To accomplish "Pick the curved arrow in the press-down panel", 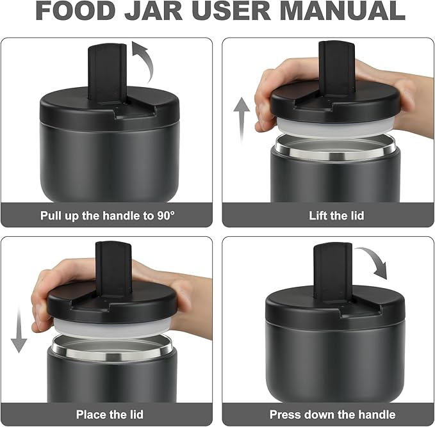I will [373, 262].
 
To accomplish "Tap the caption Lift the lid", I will [327, 215].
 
